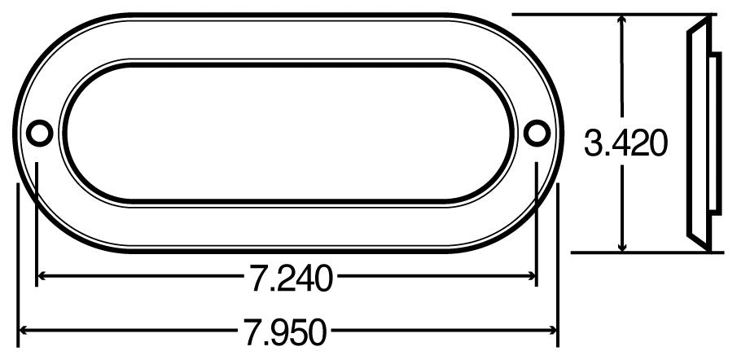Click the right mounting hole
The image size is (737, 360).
click(x=536, y=132)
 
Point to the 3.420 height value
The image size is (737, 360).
click(x=626, y=143)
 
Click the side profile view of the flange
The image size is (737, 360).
click(x=700, y=134)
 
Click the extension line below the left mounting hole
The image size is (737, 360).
click(x=37, y=220)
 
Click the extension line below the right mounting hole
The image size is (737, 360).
click(x=537, y=220)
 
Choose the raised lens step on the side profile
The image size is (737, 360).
click(x=714, y=134)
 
